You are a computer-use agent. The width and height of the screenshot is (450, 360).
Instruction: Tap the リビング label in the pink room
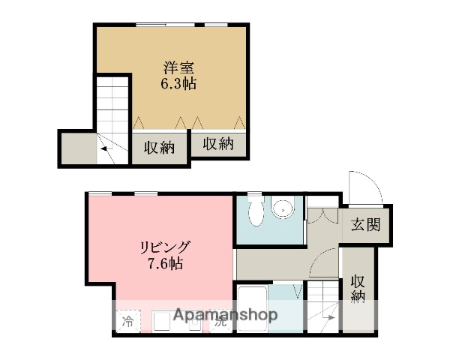tap(165, 247)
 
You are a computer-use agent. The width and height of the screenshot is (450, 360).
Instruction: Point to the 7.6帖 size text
tap(165, 263)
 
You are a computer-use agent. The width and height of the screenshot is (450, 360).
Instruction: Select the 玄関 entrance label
tap(364, 223)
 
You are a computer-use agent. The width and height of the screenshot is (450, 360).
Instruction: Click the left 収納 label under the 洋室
tap(160, 148)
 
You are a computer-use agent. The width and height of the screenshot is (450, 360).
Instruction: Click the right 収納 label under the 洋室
tap(217, 143)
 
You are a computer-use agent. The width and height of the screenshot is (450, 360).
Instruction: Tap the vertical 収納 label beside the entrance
tap(358, 289)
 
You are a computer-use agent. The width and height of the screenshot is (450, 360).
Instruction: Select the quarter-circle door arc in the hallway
tap(324, 265)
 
